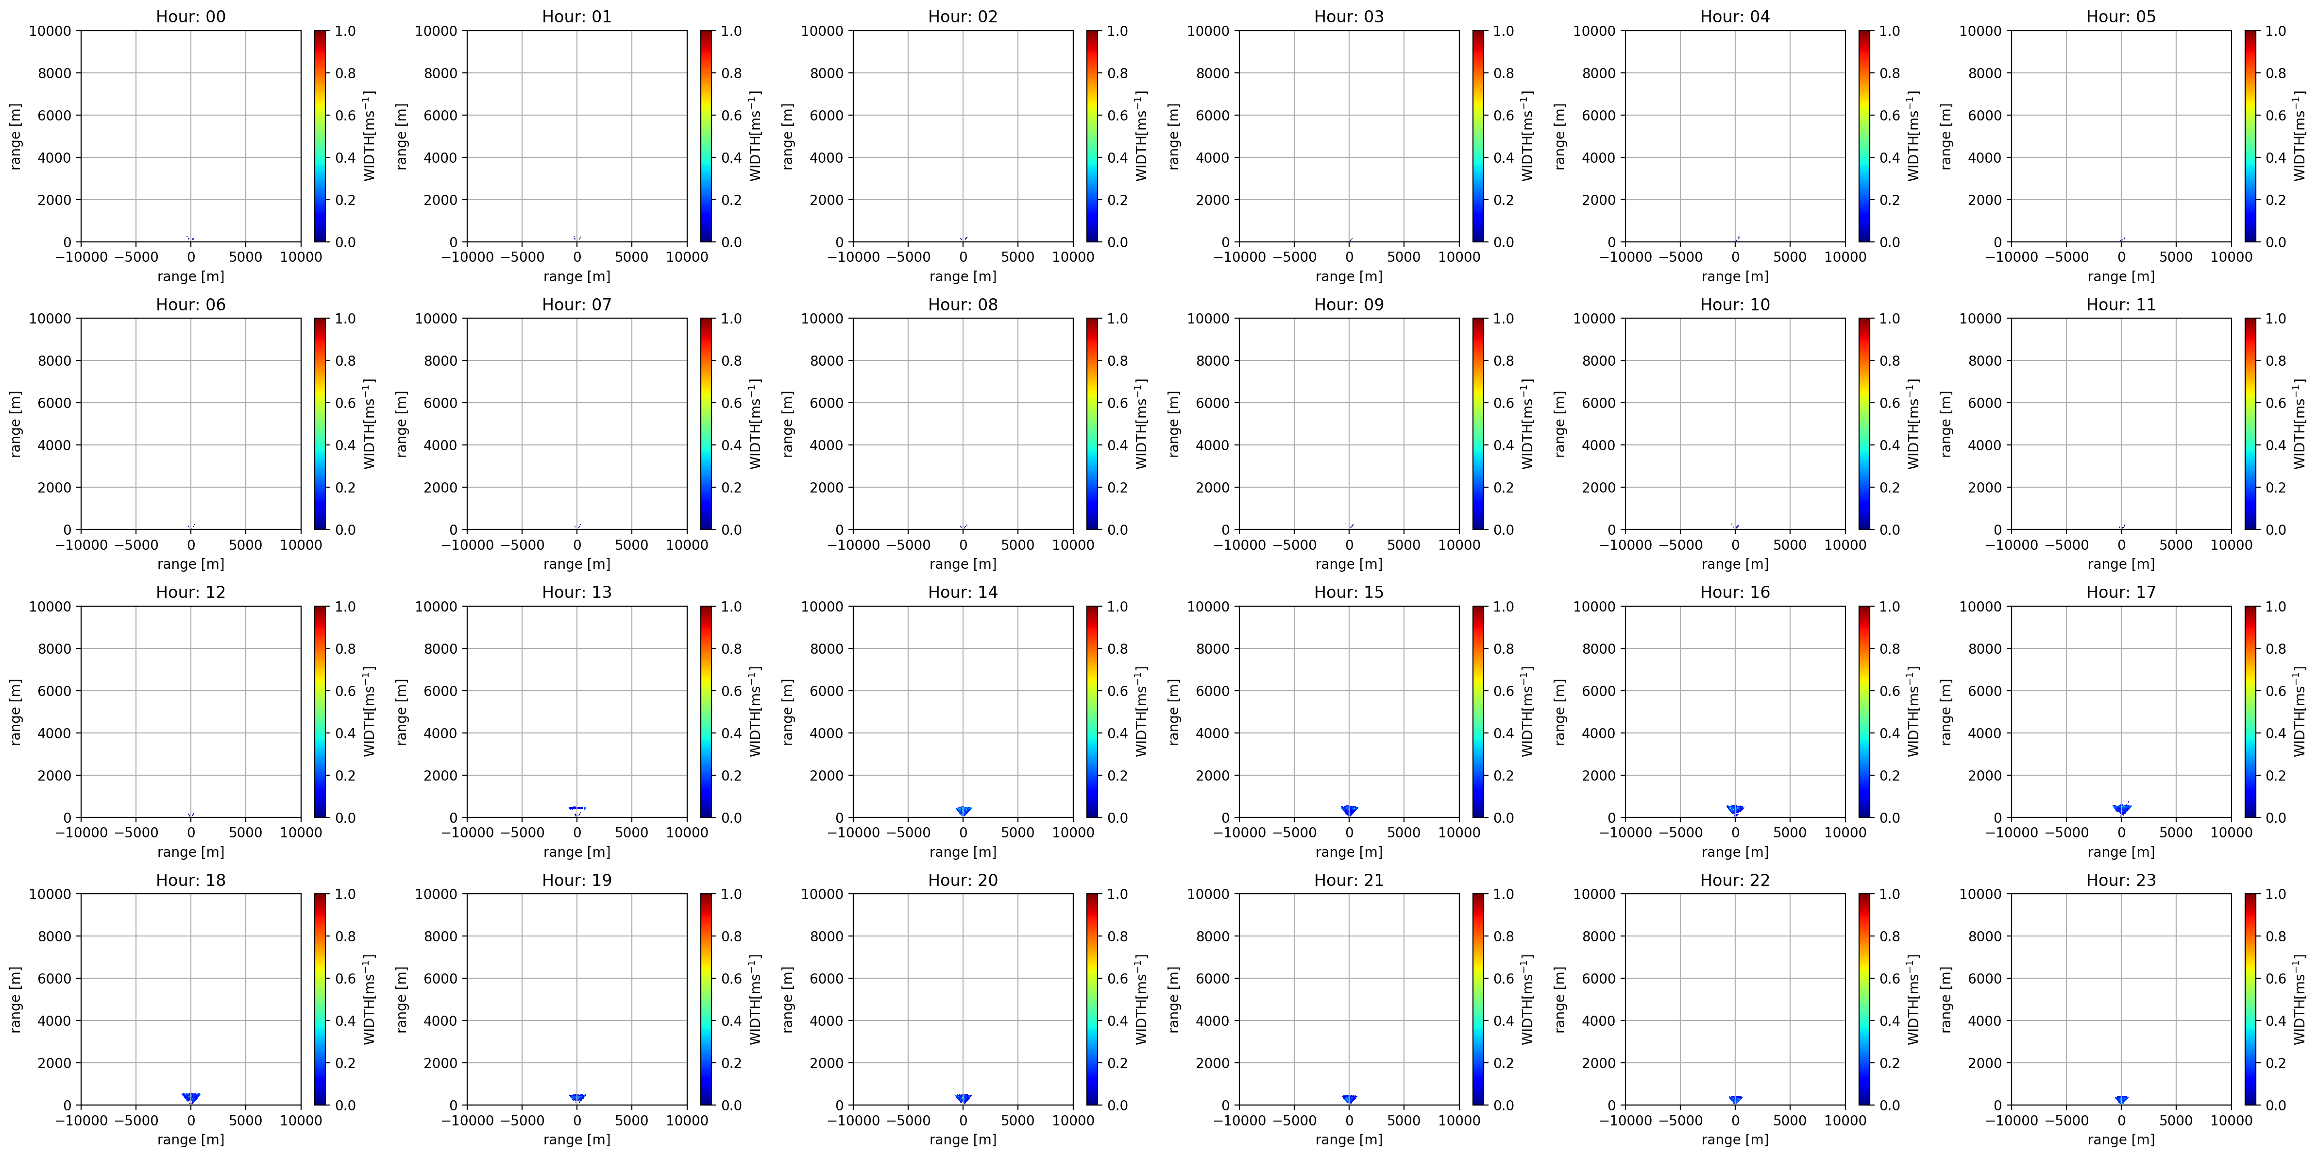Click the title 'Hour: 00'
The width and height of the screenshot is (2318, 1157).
click(x=191, y=16)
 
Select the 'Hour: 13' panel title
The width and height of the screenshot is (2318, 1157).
click(x=577, y=592)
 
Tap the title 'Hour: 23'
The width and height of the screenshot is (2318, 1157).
click(x=2121, y=880)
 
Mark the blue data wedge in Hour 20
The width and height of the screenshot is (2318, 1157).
click(x=963, y=1098)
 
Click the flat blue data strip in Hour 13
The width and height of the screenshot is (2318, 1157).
click(x=577, y=808)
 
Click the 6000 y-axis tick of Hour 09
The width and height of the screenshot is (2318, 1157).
click(x=1212, y=403)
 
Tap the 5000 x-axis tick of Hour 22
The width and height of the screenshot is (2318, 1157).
click(x=1790, y=1120)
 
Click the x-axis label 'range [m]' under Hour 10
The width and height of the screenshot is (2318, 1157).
click(x=1735, y=564)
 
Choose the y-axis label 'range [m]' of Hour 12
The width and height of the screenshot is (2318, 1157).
click(x=15, y=712)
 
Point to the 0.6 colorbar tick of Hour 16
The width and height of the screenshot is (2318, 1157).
click(x=1890, y=691)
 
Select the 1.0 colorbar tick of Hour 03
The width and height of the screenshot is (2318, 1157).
click(x=1504, y=31)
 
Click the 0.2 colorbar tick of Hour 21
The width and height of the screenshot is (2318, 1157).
click(x=1504, y=1063)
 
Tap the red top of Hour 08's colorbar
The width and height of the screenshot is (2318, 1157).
click(x=1092, y=324)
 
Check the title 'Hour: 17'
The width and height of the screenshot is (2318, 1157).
click(x=2121, y=592)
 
